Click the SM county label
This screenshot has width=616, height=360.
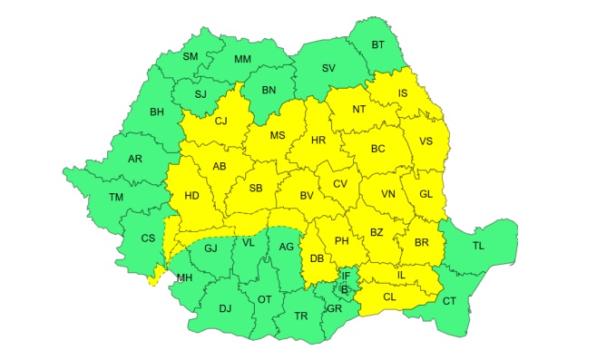pos(190,57)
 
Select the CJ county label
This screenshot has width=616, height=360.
pos(220,121)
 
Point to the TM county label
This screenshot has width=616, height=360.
pos(116,198)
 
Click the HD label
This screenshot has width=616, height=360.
pos(191,196)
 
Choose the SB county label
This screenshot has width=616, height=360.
pos(256,189)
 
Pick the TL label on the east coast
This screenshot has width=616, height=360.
pos(477,244)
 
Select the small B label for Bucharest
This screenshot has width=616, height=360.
pos(345,290)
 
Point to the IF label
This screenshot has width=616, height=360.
pos(345,275)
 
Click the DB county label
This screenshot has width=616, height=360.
pos(317,259)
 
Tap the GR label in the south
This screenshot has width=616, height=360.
pos(333,308)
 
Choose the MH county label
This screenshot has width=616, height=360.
pos(184,277)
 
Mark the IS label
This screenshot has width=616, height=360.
pos(402,93)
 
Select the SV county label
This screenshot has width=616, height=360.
pos(328,68)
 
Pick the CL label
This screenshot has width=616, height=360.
pos(391,297)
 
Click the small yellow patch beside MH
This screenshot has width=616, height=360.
pos(160,273)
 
